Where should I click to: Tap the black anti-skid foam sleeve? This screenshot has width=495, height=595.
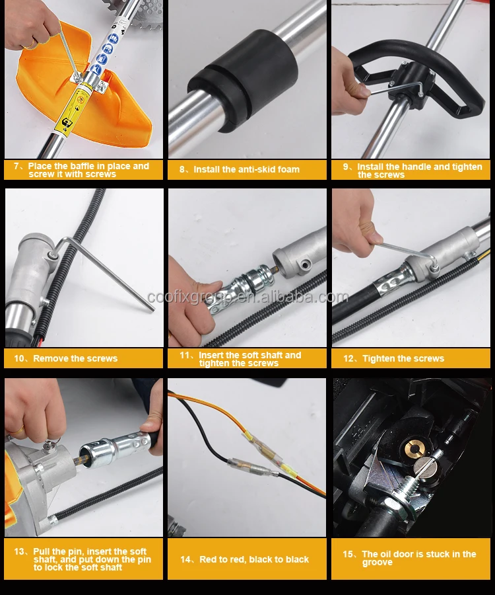tap(242, 80)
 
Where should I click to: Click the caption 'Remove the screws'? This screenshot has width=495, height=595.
tap(75, 358)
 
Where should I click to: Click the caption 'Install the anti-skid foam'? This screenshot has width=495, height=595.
tap(247, 169)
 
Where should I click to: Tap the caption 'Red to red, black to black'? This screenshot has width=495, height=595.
tap(254, 559)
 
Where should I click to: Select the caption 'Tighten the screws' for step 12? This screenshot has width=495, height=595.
tap(403, 358)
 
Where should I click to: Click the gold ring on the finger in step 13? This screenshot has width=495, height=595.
tap(17, 430)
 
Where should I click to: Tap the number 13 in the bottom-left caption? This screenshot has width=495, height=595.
tap(19, 551)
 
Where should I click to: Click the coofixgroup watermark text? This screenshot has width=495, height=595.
tap(247, 297)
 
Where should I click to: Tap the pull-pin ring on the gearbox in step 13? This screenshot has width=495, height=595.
tap(52, 443)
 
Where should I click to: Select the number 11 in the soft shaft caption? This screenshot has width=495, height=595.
tap(184, 355)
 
